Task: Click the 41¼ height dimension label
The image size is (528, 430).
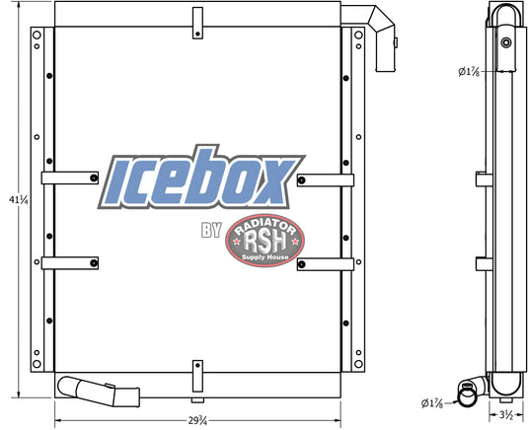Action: [19, 200]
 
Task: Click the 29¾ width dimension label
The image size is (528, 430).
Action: [197, 420]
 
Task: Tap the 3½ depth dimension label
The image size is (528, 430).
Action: [506, 415]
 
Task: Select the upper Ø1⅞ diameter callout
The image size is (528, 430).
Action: [469, 72]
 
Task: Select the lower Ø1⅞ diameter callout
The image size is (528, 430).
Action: [432, 403]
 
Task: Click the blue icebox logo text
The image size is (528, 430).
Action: [201, 178]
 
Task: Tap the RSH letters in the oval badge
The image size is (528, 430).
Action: [265, 242]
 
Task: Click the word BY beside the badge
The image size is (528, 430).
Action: [211, 230]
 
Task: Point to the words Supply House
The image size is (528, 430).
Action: [265, 257]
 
